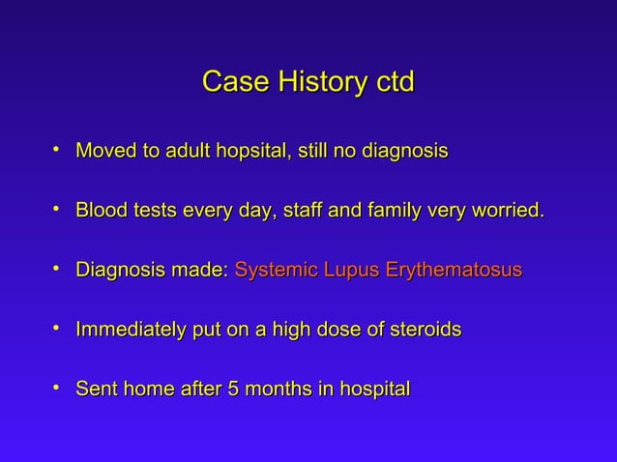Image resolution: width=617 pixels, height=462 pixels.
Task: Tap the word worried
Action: click(x=505, y=211)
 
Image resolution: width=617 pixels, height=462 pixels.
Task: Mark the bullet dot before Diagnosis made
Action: click(x=59, y=269)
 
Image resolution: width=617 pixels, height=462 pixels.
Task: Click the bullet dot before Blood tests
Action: click(x=59, y=209)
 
